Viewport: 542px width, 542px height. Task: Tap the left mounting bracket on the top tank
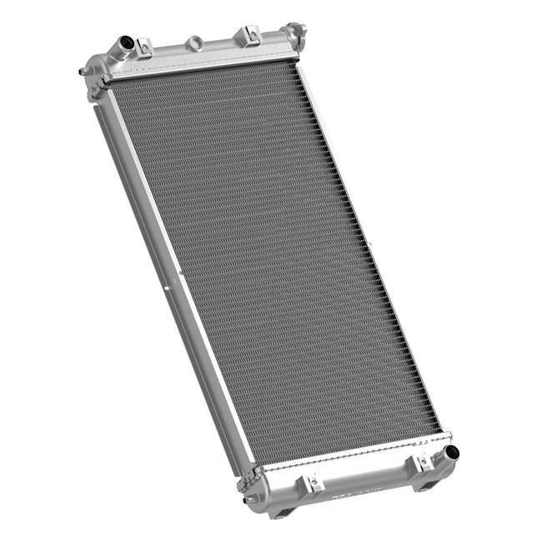pyautogui.click(x=144, y=48)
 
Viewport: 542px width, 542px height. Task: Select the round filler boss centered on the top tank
pyautogui.click(x=194, y=42)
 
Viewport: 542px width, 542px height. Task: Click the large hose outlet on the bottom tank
pyautogui.click(x=451, y=453)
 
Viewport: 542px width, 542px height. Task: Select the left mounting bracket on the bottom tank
pyautogui.click(x=314, y=483)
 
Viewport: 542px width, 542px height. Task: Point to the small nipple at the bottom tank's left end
pyautogui.click(x=247, y=500)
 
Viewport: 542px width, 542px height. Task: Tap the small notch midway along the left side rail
pyautogui.click(x=168, y=289)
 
